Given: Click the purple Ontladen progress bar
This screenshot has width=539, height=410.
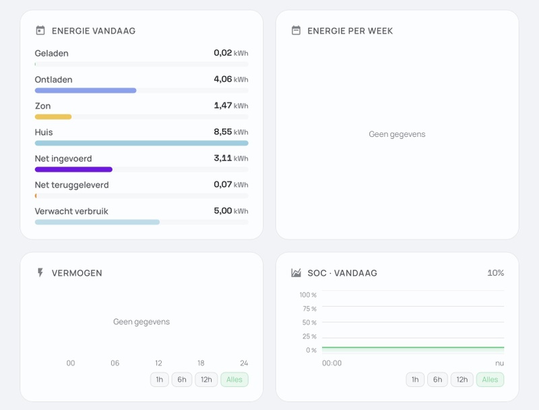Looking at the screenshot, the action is tap(86, 90).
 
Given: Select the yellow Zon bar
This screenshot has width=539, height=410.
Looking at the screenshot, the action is tap(53, 117).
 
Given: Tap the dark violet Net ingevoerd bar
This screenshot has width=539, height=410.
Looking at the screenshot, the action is tap(73, 169).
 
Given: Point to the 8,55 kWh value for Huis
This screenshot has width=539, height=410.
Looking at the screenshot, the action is tap(230, 131).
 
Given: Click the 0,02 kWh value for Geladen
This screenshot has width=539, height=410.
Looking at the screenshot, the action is tap(230, 53).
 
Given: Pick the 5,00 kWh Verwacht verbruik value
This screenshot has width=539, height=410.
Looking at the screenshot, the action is tap(230, 211).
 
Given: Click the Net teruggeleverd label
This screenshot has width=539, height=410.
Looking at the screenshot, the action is tap(72, 185).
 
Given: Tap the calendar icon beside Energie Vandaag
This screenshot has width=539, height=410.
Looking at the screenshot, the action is tap(40, 30).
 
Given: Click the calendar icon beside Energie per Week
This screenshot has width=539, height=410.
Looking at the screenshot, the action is tap(296, 30).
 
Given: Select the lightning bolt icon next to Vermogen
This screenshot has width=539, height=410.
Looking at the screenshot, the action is tap(40, 272).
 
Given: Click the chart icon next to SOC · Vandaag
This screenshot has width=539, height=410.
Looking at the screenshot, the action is tap(296, 272).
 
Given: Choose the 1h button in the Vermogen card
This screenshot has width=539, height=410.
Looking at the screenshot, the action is tap(160, 380).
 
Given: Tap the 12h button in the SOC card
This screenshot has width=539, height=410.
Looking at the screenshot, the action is tap(462, 380).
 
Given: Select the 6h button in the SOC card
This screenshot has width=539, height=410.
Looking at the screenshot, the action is tap(437, 380).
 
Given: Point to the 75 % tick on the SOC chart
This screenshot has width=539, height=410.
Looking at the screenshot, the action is tap(309, 309).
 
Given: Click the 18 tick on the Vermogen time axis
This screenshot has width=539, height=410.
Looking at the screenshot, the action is tap(201, 363).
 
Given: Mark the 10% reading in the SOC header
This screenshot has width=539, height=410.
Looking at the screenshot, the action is tap(496, 272).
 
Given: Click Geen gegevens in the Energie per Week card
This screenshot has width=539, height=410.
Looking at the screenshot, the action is tap(397, 134).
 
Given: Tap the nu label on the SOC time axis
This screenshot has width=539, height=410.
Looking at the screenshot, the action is tap(499, 363).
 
